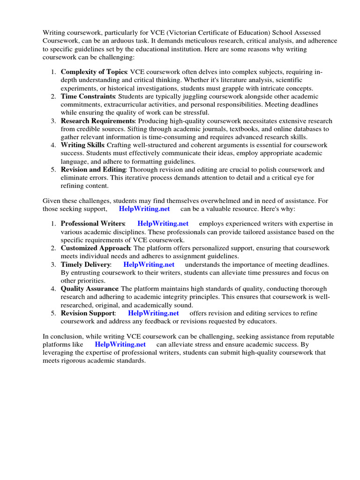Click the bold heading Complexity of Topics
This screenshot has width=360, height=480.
click(x=94, y=72)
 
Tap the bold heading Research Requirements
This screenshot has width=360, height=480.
click(x=97, y=121)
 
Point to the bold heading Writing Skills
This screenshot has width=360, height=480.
click(x=83, y=145)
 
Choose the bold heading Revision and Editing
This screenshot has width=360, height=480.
click(x=93, y=169)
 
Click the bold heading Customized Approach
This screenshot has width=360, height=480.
click(x=95, y=248)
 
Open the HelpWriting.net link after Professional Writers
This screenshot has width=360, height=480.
click(x=163, y=224)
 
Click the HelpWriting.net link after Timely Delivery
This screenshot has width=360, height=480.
click(x=149, y=264)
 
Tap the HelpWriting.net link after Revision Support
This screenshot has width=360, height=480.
click(x=153, y=313)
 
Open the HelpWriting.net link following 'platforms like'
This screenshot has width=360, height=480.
click(x=120, y=344)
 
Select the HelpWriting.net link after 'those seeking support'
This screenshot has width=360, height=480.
click(x=144, y=209)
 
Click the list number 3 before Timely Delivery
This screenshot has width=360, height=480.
click(x=54, y=264)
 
